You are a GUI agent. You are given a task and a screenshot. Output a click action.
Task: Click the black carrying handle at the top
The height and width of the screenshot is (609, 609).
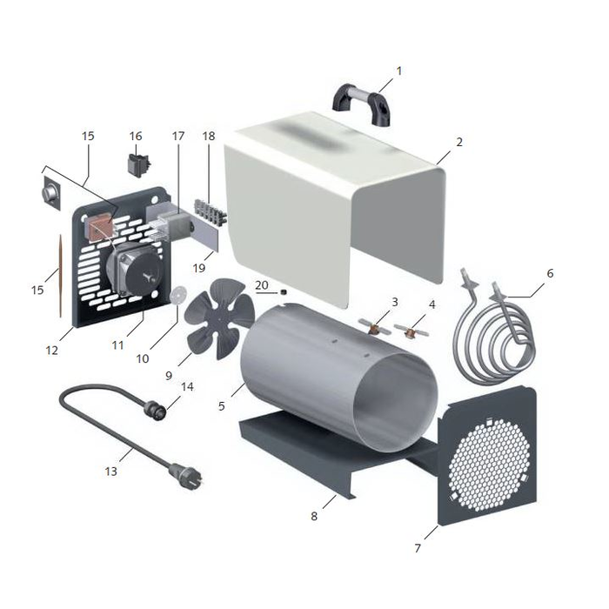coord(359,99)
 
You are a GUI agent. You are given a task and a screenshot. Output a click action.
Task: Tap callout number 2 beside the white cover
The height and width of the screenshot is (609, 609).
coord(459,142)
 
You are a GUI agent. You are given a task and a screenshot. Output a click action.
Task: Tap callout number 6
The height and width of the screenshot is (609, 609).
coord(550,273)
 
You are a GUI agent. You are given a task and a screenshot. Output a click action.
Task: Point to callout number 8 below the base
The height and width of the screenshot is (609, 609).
coord(314,515)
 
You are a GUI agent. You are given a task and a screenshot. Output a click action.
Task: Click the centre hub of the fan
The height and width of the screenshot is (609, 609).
coord(215,315)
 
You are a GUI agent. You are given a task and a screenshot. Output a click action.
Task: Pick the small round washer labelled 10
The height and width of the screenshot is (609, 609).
coord(178,295)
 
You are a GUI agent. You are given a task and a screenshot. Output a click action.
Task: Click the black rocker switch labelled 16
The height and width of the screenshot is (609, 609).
coord(136,163)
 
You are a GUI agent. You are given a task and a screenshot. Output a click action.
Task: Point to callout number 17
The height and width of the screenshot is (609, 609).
coord(178,137)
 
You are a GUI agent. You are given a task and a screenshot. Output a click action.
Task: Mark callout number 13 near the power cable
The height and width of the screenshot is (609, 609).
coord(110,471)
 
